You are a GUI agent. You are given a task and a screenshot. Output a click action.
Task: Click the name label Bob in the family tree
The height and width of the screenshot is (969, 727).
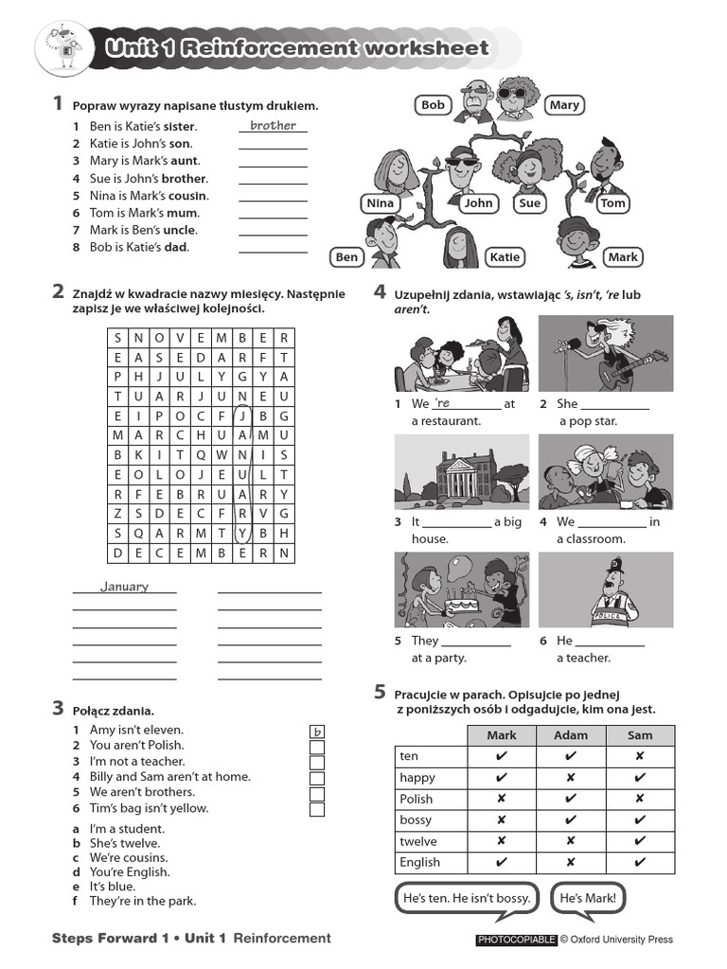433,105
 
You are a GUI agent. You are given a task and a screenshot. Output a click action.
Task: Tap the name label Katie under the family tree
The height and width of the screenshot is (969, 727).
505,256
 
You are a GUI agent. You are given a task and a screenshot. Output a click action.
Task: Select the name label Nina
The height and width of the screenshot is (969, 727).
380,203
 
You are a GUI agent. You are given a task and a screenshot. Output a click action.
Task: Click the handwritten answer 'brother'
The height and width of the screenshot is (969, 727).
273,126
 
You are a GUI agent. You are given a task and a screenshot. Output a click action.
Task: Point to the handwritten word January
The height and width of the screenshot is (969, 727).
125,587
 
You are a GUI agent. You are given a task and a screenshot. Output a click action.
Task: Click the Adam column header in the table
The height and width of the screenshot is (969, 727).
571,734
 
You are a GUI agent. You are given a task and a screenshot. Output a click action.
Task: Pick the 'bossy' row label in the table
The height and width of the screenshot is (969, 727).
417,819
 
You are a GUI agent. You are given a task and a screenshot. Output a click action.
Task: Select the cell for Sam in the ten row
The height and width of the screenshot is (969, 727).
640,756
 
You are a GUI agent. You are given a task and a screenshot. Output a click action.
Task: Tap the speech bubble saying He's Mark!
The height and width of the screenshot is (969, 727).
587,898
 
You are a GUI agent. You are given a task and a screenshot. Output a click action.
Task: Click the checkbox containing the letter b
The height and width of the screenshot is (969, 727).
317,731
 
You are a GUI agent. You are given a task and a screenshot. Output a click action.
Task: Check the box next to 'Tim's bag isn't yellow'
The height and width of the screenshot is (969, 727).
317,809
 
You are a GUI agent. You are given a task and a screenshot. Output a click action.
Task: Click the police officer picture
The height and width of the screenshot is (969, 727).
606,590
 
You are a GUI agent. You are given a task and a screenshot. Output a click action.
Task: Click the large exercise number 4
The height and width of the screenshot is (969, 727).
380,291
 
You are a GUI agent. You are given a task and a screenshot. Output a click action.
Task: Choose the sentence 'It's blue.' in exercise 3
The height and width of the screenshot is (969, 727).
112,887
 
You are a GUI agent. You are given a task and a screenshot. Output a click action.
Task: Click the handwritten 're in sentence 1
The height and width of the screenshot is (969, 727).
443,403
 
